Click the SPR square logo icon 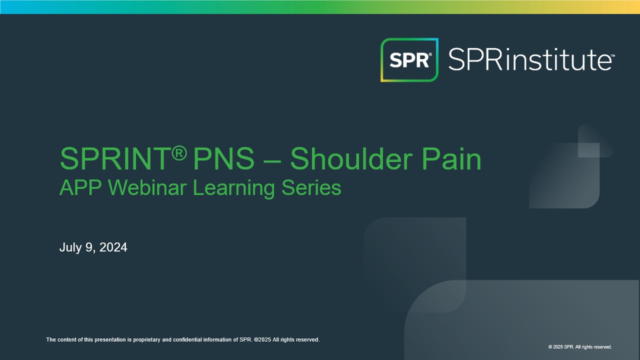point(409,59)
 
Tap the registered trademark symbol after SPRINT point(179,153)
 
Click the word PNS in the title point(223,158)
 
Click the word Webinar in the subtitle point(147,187)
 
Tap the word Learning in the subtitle point(233,188)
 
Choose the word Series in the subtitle point(311,187)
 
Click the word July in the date point(70,247)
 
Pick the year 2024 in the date point(113,247)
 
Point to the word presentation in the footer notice point(109,339)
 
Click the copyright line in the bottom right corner point(580,347)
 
